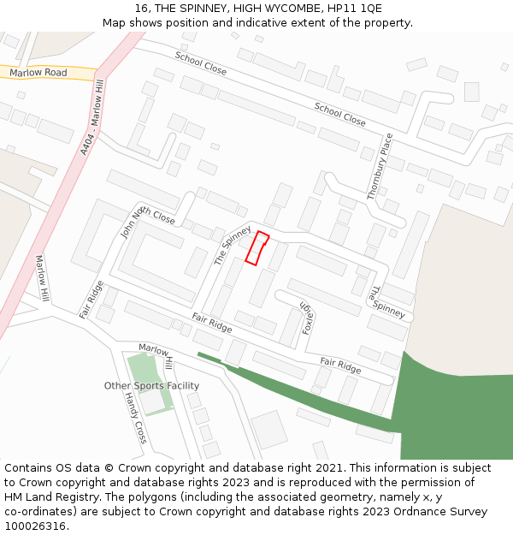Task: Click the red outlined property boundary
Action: [256, 247]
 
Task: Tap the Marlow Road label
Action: [38, 73]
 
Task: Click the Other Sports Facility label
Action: [151, 386]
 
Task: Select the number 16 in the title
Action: [142, 9]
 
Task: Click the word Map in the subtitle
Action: [115, 23]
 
